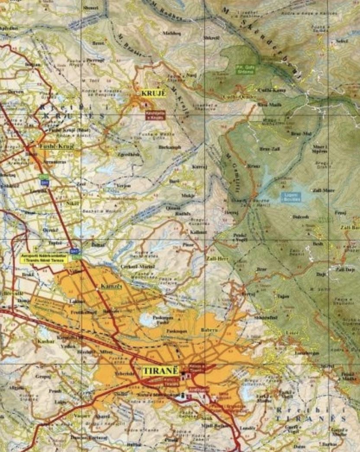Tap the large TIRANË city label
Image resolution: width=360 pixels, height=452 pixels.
[161, 371]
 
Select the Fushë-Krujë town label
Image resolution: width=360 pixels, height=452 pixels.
[56, 146]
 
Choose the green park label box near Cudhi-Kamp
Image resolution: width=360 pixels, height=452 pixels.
[245, 68]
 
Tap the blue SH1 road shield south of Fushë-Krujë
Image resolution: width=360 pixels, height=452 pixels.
[42, 182]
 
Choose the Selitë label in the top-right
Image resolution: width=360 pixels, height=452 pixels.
[342, 41]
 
